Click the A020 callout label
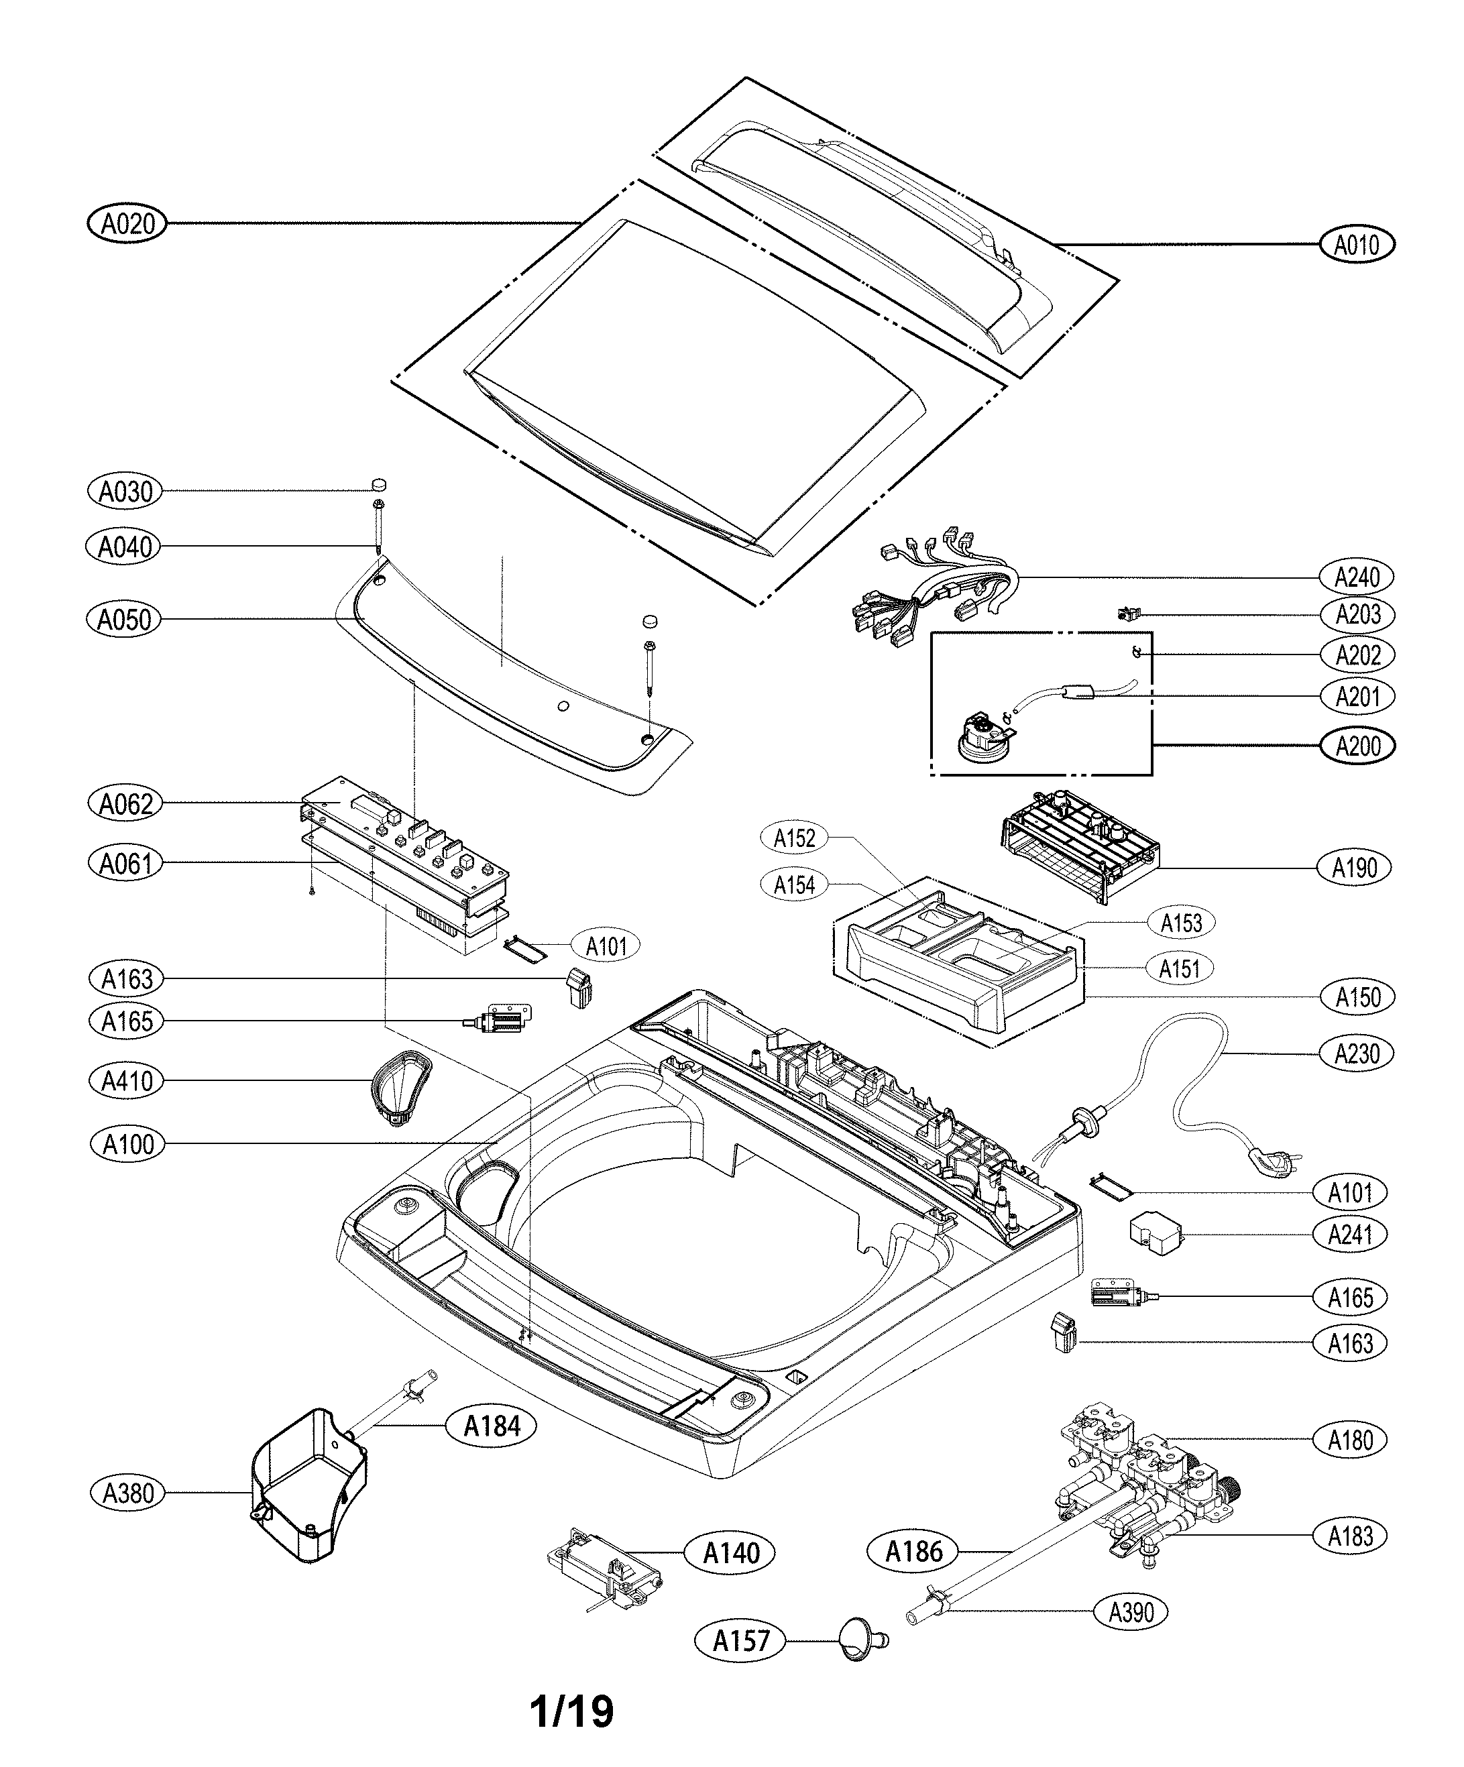click(x=127, y=224)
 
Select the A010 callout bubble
click(x=1356, y=245)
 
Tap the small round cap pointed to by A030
click(x=380, y=483)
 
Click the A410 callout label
click(x=127, y=1081)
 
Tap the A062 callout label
click(x=125, y=803)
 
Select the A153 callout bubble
click(x=1181, y=923)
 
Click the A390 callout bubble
click(x=1131, y=1612)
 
